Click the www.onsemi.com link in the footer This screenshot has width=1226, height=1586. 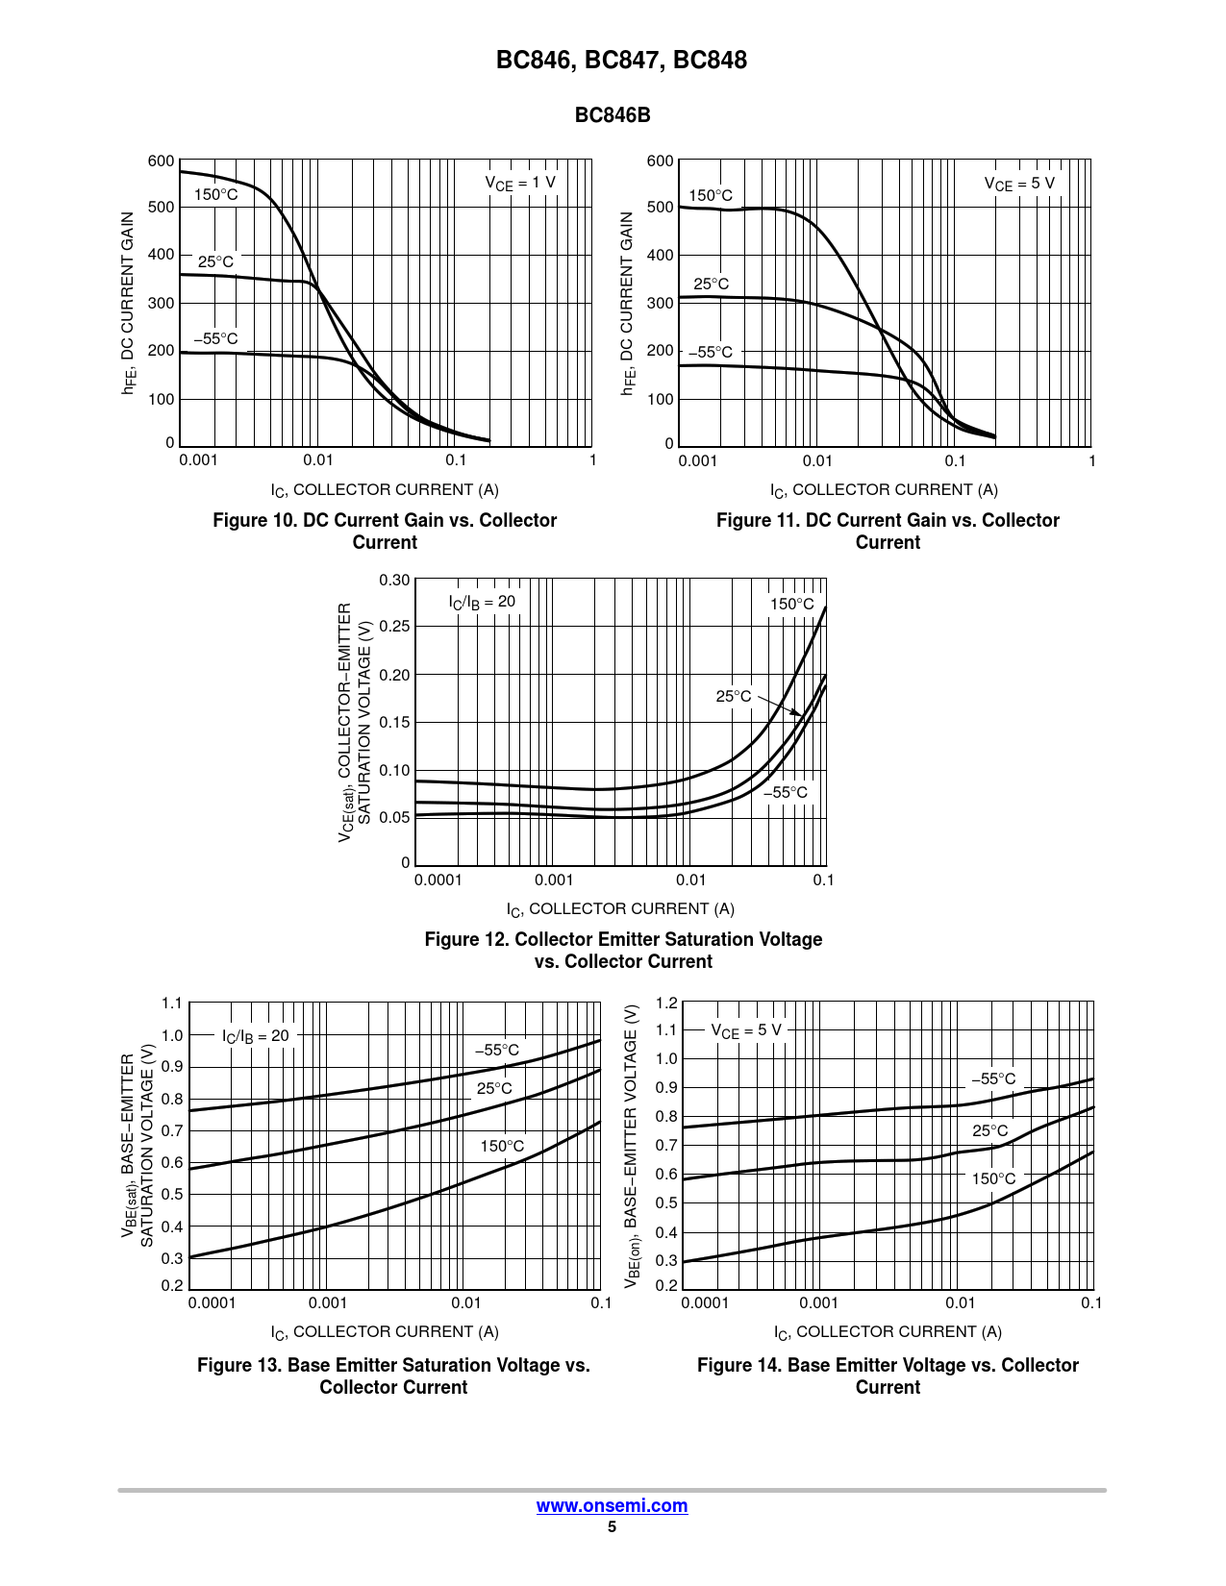point(612,1505)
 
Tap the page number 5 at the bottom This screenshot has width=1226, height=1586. point(612,1526)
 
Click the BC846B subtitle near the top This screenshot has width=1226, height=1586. point(613,115)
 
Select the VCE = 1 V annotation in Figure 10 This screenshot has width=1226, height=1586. point(519,183)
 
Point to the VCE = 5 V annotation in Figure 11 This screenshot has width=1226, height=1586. point(1019,184)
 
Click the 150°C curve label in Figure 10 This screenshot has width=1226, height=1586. point(215,195)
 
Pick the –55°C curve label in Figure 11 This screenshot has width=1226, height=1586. point(710,352)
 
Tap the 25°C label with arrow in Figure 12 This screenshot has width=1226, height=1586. point(734,696)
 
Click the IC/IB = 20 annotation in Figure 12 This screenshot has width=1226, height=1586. point(482,602)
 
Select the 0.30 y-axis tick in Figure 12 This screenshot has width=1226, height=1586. point(394,580)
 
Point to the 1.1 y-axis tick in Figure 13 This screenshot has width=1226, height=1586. point(172,1004)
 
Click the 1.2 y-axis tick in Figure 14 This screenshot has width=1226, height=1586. point(666,1003)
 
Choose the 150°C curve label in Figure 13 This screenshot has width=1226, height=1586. point(502,1146)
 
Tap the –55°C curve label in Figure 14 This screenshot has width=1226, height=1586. point(992,1078)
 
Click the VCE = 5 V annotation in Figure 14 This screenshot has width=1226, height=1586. point(746,1030)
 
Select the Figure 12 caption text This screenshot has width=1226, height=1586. point(623,950)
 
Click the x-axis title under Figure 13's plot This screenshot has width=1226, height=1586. point(385,1331)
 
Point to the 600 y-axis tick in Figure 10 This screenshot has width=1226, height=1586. point(161,161)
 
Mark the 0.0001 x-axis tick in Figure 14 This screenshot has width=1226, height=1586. point(705,1302)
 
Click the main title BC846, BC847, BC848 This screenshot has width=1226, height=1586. point(621,60)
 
